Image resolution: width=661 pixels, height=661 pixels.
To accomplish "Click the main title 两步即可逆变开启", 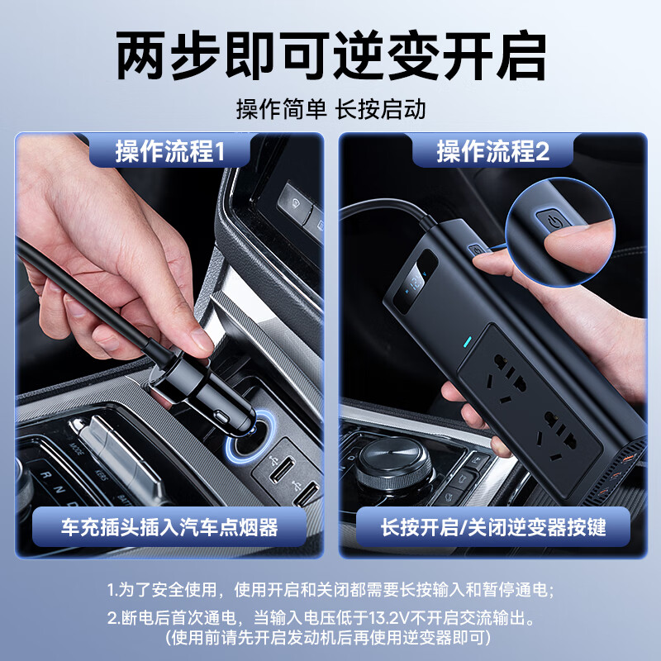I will [x=330, y=55].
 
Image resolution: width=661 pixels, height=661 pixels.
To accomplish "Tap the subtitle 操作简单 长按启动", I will [x=330, y=108].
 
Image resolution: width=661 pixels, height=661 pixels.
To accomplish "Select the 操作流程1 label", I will [x=169, y=151].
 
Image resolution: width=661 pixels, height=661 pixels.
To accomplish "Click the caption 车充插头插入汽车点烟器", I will [x=169, y=526].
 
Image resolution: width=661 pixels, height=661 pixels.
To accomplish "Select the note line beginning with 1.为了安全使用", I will [x=330, y=590].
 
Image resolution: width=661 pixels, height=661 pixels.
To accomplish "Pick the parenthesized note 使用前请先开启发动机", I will [x=330, y=637].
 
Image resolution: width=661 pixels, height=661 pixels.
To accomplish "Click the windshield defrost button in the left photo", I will [x=292, y=197].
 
